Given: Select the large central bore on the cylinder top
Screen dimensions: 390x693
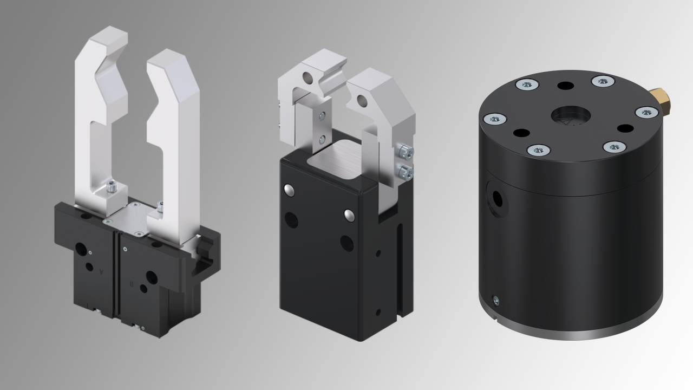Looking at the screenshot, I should tap(571, 115).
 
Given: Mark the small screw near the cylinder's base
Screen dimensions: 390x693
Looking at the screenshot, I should tap(495, 300).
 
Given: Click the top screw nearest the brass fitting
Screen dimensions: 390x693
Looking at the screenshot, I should tap(646, 112).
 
